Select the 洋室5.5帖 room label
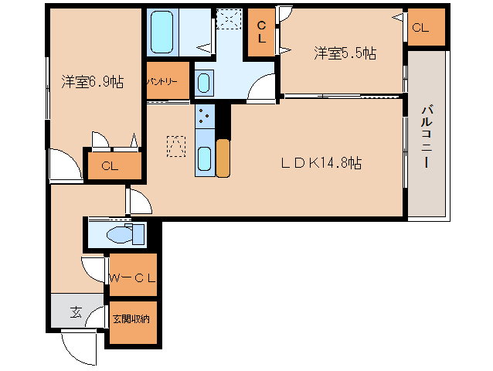[x=345, y=53]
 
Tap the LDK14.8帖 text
[x=321, y=163]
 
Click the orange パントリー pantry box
[x=166, y=81]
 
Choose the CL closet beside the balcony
[x=426, y=29]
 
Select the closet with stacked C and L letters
[x=261, y=32]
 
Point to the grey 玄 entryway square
[x=77, y=311]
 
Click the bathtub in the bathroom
[x=162, y=32]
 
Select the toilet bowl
[x=123, y=233]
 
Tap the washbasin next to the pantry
[x=203, y=82]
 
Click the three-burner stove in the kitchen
[x=205, y=117]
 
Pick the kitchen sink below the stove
[x=205, y=158]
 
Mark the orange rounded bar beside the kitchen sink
[x=223, y=158]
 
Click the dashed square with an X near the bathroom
[x=229, y=19]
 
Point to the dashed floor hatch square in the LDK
[x=177, y=145]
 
